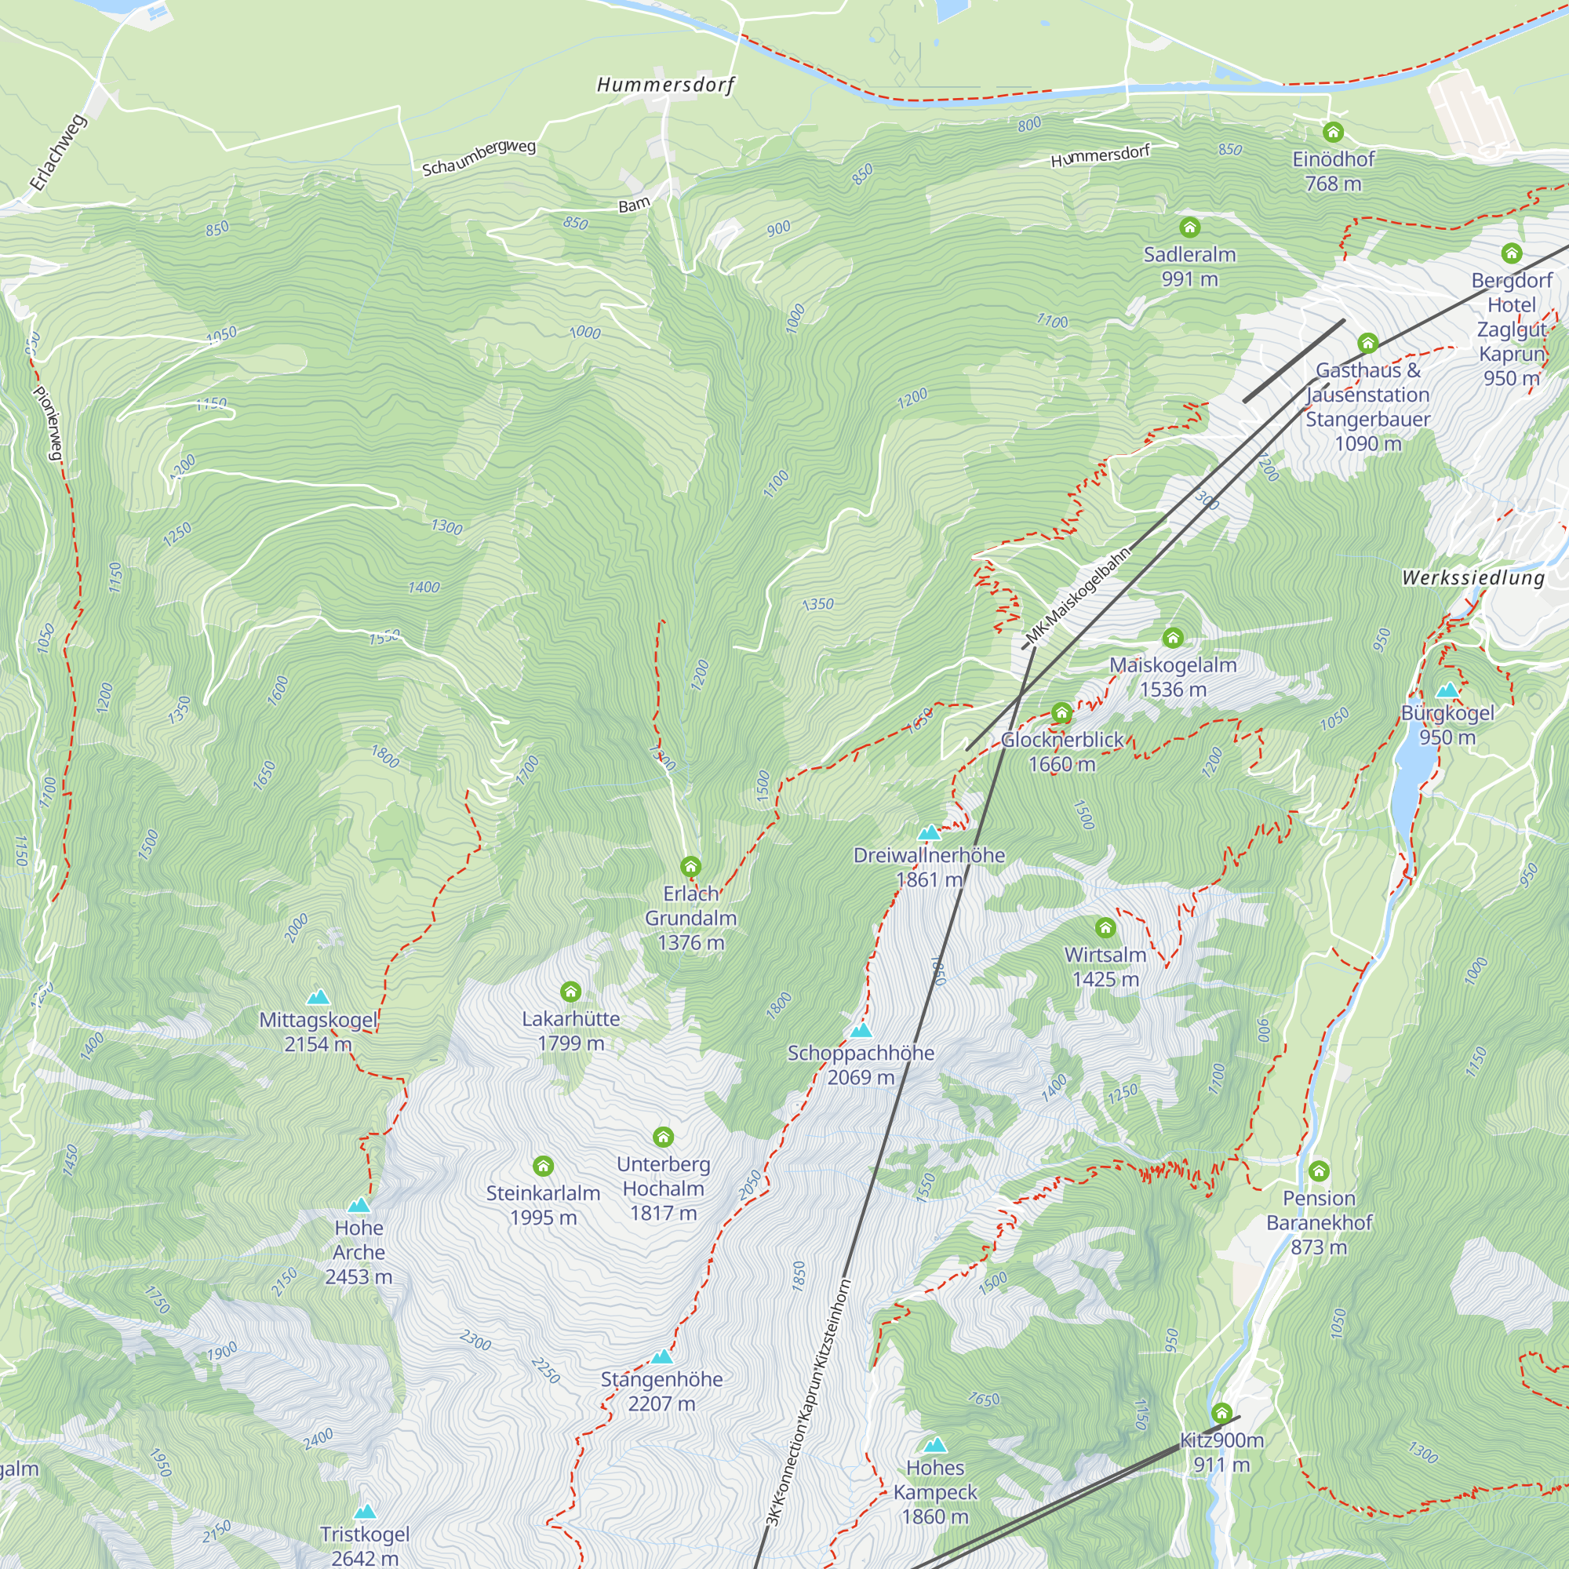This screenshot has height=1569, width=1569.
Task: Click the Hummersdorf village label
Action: point(665,85)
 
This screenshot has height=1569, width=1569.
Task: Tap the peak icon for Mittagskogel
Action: point(318,997)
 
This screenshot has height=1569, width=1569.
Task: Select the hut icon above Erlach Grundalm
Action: point(690,866)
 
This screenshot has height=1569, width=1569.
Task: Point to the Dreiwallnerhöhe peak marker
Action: point(928,833)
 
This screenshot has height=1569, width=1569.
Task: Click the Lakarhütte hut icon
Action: point(570,992)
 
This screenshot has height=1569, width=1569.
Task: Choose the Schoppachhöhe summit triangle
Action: point(861,1031)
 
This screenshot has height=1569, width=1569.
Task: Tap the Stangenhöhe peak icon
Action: point(662,1356)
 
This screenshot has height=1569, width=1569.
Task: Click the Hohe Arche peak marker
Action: point(359,1205)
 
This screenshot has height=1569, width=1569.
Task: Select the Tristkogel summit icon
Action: point(365,1512)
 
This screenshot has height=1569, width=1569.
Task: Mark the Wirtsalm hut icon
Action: point(1105,927)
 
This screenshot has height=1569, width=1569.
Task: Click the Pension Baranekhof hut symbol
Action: point(1318,1171)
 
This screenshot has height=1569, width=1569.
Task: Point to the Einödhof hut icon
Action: point(1333,132)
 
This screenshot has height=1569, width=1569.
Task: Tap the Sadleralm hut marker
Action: point(1189,227)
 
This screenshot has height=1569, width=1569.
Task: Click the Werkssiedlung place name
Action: point(1473,578)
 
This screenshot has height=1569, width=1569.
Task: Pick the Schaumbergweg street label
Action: point(479,158)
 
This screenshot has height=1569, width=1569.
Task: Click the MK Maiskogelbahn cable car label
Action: point(1077,596)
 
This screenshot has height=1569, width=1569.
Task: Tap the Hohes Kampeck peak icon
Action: point(935,1445)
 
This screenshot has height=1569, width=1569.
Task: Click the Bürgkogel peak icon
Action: point(1447,690)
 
